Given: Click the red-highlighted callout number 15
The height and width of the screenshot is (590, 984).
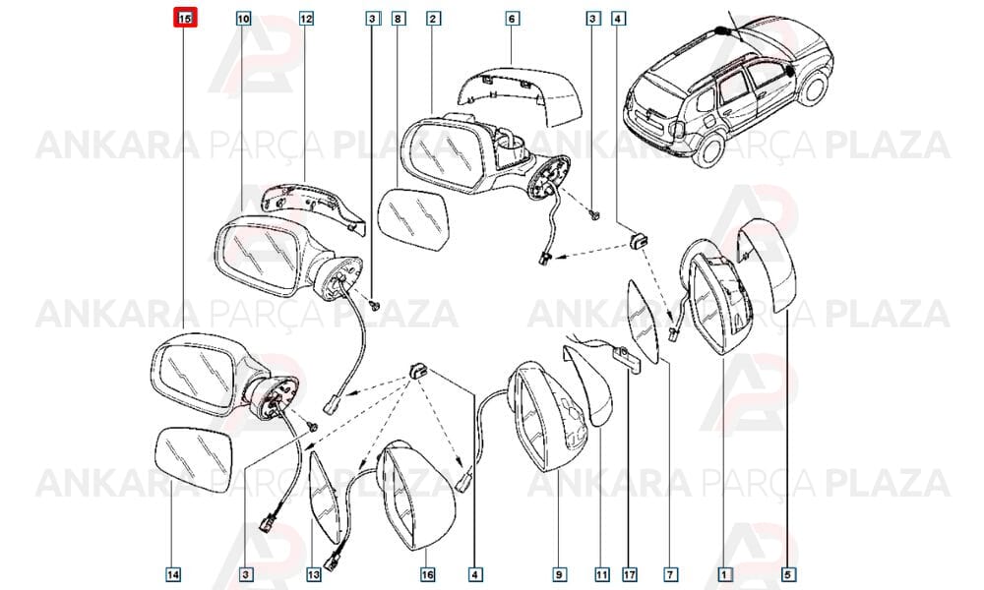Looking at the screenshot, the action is [185, 18].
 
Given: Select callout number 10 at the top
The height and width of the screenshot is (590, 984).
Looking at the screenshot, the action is [243, 19].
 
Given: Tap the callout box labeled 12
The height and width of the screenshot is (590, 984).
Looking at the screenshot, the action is [306, 19].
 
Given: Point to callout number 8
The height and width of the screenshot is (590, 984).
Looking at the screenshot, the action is [398, 19].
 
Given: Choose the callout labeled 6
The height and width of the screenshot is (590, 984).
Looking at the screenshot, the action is [512, 19].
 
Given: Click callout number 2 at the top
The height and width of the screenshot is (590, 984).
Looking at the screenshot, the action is [432, 19].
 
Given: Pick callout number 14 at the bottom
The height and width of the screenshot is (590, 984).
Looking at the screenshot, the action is [173, 573].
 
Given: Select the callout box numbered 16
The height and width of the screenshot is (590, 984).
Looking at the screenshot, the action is [427, 573].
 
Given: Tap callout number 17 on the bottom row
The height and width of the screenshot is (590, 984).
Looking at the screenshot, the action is [630, 573].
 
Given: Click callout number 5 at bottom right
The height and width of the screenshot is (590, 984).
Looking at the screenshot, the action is [788, 573].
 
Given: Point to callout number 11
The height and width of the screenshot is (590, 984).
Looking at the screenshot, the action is [601, 573].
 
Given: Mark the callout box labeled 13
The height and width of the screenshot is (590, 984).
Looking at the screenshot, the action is [314, 573].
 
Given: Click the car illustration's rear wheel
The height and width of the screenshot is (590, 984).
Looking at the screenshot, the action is [709, 148].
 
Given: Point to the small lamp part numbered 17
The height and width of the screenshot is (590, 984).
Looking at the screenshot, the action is [628, 359].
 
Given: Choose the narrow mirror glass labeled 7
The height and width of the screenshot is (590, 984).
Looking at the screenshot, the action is [644, 321].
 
